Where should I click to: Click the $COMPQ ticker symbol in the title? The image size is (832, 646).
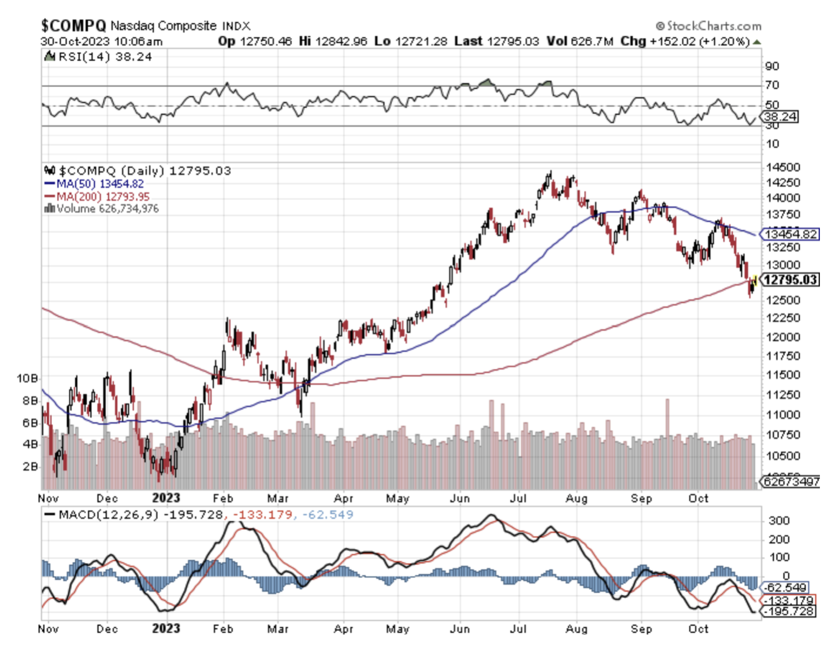click(x=73, y=25)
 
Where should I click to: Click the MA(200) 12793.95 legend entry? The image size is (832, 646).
click(x=102, y=196)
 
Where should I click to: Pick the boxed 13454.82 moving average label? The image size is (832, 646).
click(x=790, y=234)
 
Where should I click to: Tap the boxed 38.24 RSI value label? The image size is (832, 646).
click(x=781, y=117)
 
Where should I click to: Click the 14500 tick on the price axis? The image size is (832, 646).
click(x=783, y=168)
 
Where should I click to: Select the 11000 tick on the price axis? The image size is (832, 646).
click(x=783, y=415)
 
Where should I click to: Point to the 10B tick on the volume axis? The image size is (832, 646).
click(x=27, y=378)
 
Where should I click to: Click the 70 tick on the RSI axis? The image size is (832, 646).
click(x=772, y=85)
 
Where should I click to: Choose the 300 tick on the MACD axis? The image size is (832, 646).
click(x=779, y=521)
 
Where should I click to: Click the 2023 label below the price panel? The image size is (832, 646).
click(x=166, y=498)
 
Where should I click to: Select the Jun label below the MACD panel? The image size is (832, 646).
click(x=459, y=629)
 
